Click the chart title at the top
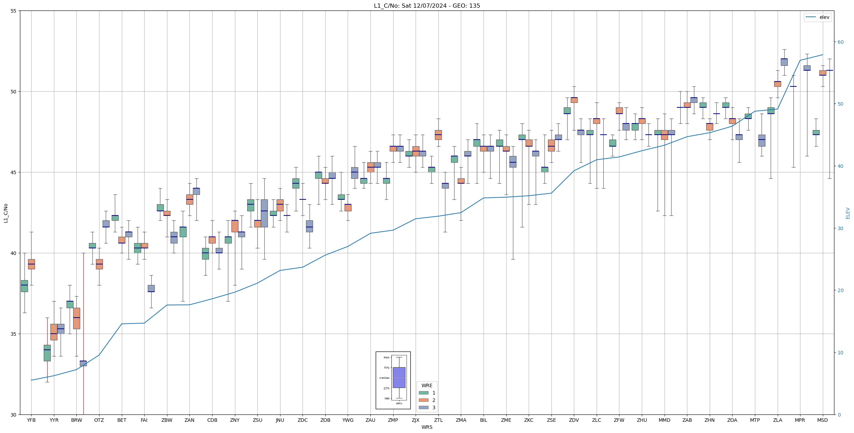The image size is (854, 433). (x=427, y=6)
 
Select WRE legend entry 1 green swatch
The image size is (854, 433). (x=423, y=393)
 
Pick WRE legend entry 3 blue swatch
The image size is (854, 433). (x=423, y=407)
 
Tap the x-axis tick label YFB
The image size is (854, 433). (x=31, y=420)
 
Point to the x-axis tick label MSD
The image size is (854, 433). (x=822, y=420)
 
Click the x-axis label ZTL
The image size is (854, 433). (x=438, y=420)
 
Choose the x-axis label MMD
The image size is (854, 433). (x=664, y=420)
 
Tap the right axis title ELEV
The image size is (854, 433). (x=848, y=213)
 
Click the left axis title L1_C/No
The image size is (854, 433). (x=6, y=213)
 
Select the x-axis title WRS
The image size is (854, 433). (x=427, y=427)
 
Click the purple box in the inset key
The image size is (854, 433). (x=399, y=377)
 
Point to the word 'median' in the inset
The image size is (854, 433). (x=384, y=378)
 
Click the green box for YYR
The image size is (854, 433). (x=47, y=353)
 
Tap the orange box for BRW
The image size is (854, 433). (x=77, y=318)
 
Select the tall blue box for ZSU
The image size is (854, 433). (x=264, y=213)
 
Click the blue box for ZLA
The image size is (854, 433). (x=784, y=62)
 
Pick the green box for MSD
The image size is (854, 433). (x=816, y=133)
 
